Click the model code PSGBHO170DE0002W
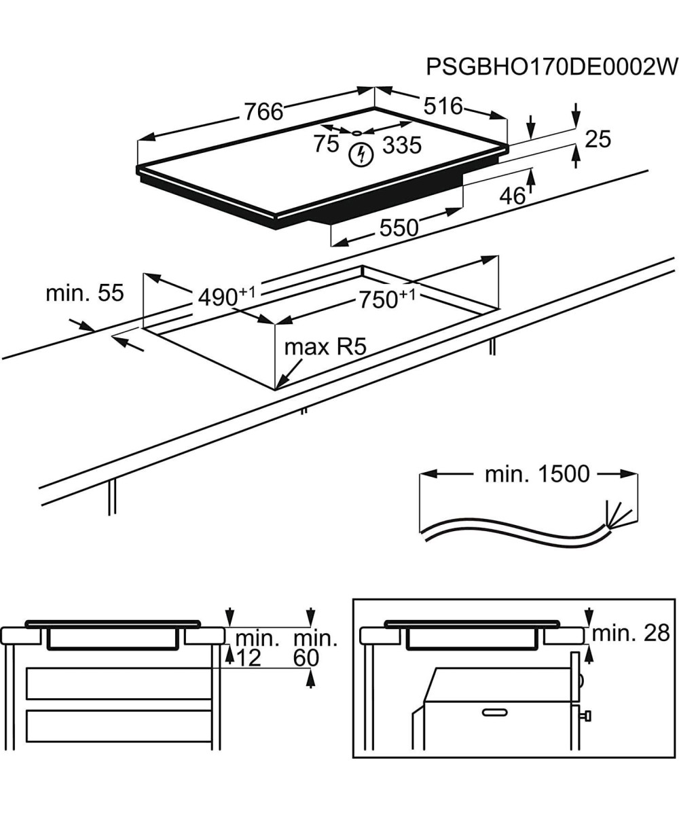pyautogui.click(x=552, y=67)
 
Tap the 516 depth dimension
pyautogui.click(x=443, y=105)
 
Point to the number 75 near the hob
pyautogui.click(x=326, y=143)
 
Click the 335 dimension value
pyautogui.click(x=402, y=145)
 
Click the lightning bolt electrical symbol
pyautogui.click(x=361, y=155)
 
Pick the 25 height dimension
pyautogui.click(x=598, y=139)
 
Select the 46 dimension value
pyautogui.click(x=513, y=196)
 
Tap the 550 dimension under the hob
pyautogui.click(x=399, y=228)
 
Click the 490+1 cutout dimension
pyautogui.click(x=226, y=296)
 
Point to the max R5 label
pyautogui.click(x=325, y=347)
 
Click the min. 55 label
pyautogui.click(x=85, y=293)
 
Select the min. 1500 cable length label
pyautogui.click(x=537, y=474)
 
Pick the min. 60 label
pyautogui.click(x=315, y=648)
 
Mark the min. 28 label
pyautogui.click(x=631, y=634)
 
